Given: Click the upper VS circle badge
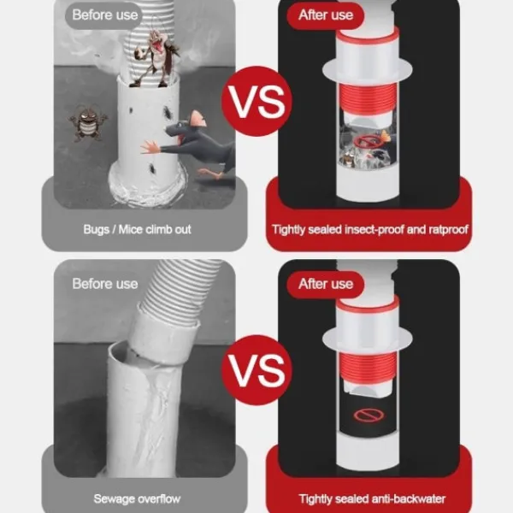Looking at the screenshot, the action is pos(257,101).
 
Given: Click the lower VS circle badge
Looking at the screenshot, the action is pos(257,370).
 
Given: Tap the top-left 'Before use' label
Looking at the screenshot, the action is pos(104,15).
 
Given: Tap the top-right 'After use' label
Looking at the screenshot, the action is pos(326,15).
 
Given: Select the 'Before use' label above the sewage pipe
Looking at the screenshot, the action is pos(104,284).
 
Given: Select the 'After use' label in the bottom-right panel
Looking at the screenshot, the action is pos(326,284).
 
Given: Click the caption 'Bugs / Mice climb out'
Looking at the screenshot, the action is pos(137,229).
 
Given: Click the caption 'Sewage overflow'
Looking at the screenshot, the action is pos(137,498).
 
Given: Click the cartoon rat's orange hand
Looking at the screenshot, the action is pos(150,147).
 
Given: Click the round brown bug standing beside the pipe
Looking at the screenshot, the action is pos(88,123).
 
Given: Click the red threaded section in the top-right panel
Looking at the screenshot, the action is pos(368,97).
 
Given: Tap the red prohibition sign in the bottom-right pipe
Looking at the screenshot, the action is pos(369,416).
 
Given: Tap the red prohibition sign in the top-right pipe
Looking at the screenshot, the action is pos(367,142).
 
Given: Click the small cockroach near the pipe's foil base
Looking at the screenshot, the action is pos(152,168).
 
